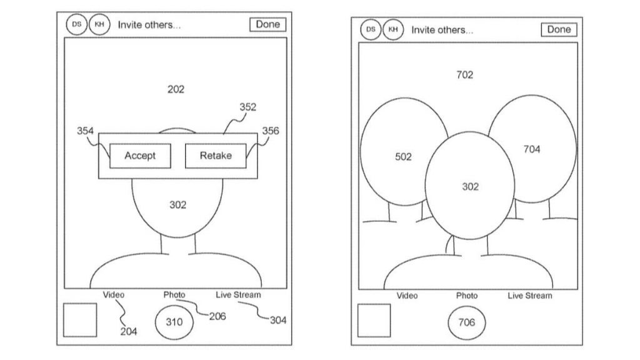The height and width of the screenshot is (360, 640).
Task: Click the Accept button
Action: (x=140, y=156)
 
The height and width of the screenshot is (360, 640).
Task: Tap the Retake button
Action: (x=216, y=156)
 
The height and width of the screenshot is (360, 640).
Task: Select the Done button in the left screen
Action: (x=267, y=24)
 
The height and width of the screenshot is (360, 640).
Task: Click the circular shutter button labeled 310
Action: (x=174, y=322)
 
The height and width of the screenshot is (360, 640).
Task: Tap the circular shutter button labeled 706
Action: (x=466, y=322)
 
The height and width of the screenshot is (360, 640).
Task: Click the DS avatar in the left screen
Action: (x=76, y=24)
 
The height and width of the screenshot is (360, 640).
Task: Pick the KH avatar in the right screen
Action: (x=393, y=29)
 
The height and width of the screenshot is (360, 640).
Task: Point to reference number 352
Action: (x=247, y=107)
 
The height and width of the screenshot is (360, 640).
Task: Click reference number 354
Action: (x=85, y=131)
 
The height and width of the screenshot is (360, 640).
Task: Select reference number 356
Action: (x=271, y=131)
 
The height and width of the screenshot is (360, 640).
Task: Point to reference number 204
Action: (x=129, y=331)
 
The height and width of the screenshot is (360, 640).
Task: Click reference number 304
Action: (x=278, y=321)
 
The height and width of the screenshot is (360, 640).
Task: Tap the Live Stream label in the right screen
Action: (x=530, y=296)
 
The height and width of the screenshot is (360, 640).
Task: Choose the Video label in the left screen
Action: (x=114, y=295)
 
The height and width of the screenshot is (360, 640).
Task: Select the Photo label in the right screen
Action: (x=466, y=296)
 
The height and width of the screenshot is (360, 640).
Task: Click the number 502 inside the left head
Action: (x=403, y=157)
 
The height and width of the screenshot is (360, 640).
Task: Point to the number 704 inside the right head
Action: (x=532, y=149)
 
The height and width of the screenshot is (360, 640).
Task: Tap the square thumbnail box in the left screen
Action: (x=80, y=320)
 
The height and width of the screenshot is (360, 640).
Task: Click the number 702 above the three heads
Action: (x=465, y=75)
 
